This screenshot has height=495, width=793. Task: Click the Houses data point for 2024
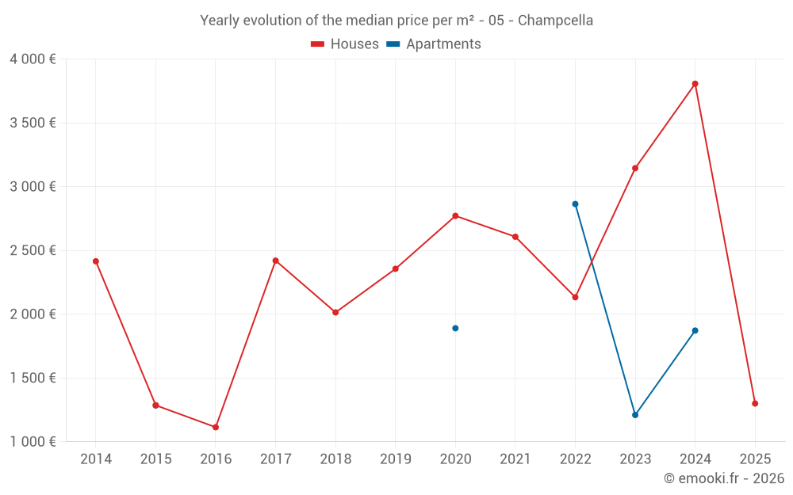click(695, 84)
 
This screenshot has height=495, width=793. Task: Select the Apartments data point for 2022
click(575, 204)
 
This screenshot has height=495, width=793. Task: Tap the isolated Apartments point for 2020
click(455, 328)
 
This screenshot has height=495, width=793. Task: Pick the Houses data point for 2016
click(216, 427)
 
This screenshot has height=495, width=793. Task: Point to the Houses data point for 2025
click(755, 403)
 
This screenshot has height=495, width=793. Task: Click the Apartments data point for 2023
click(635, 415)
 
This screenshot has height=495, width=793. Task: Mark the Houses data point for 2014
click(96, 261)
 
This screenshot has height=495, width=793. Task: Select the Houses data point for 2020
click(455, 215)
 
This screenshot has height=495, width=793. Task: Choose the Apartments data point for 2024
click(695, 330)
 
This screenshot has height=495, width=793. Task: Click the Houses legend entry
click(345, 44)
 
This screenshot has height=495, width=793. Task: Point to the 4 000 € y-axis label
click(33, 59)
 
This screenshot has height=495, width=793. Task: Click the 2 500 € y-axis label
click(33, 250)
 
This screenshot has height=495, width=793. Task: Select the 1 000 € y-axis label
click(33, 441)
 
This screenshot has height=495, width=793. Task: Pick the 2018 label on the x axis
click(335, 459)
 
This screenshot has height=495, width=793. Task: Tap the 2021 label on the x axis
click(515, 459)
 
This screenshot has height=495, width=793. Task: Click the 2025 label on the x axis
click(755, 459)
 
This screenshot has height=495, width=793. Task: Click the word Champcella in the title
click(555, 21)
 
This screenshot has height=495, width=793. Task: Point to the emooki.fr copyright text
click(723, 478)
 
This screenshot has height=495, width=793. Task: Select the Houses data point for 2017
click(275, 261)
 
